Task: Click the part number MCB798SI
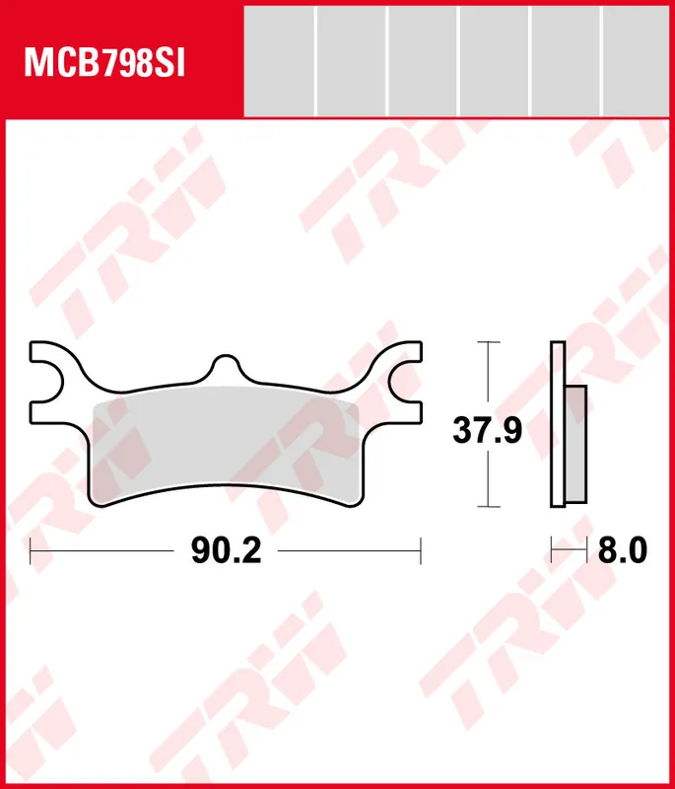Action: click(x=105, y=64)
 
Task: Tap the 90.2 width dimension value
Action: click(x=227, y=550)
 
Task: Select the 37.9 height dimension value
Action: click(x=488, y=430)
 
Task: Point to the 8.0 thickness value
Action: click(x=622, y=550)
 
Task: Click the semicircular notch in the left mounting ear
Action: click(x=54, y=383)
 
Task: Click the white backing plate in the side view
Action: click(x=558, y=424)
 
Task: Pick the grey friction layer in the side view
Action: click(x=576, y=445)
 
